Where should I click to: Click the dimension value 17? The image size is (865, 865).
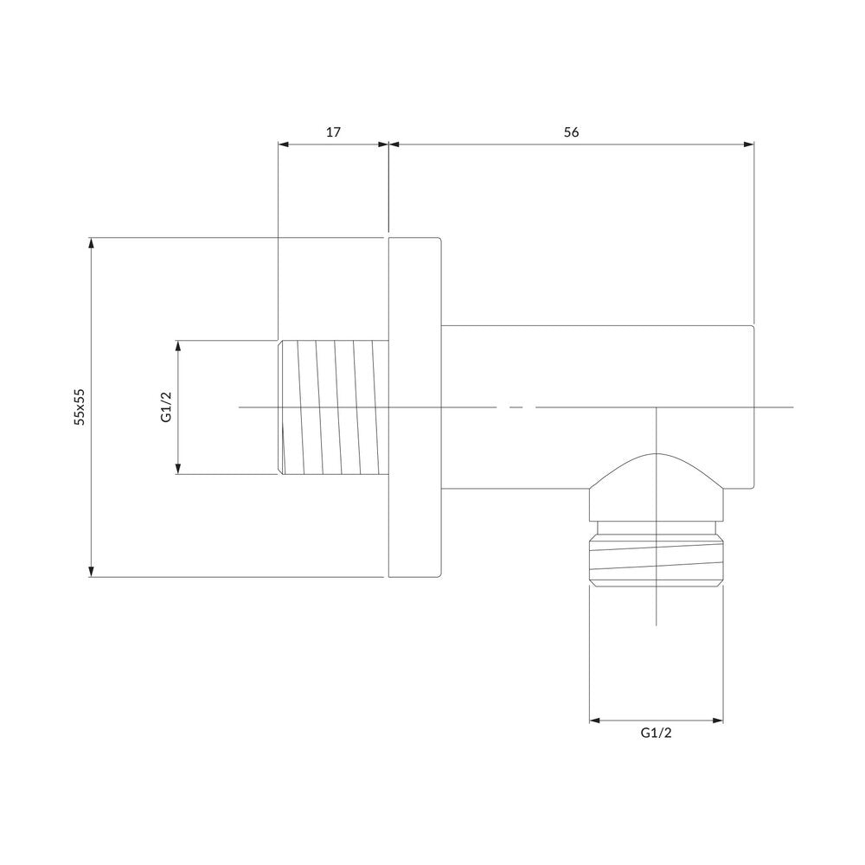point(333,132)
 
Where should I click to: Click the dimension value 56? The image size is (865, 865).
point(572,132)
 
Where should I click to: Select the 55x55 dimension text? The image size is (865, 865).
point(80,407)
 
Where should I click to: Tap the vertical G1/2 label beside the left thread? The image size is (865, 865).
point(166,407)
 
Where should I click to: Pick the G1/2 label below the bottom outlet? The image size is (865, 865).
point(656,734)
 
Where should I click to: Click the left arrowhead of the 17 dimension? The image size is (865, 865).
point(283,144)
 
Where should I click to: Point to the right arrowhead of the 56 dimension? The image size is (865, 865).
point(748,144)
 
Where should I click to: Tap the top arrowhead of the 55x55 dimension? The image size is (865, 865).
point(92,243)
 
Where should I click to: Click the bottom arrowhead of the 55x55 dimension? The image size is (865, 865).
point(92,572)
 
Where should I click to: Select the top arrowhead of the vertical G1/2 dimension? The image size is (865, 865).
point(178,346)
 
